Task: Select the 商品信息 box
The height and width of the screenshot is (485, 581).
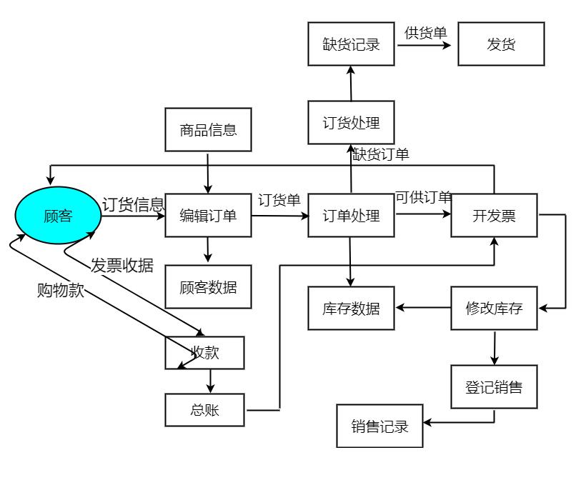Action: [x=208, y=130]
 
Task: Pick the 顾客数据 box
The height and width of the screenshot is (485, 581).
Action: [x=208, y=287]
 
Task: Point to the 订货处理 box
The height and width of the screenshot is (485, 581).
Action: [x=351, y=122]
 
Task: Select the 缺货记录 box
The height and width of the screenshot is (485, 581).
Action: [x=351, y=44]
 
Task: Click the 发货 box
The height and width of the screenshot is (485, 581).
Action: [x=501, y=44]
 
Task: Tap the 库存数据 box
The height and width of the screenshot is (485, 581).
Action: [x=351, y=309]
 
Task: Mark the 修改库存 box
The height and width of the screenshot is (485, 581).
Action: [x=494, y=309]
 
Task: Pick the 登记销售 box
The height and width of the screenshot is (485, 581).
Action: [x=494, y=387]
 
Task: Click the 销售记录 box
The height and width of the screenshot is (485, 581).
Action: [x=379, y=426]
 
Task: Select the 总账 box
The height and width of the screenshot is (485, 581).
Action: [x=204, y=410]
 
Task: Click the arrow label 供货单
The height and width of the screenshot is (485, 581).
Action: [x=425, y=33]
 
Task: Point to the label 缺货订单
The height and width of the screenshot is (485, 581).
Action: [x=381, y=154]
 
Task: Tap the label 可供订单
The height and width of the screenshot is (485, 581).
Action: [x=423, y=198]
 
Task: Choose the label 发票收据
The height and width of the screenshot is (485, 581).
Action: [x=122, y=265]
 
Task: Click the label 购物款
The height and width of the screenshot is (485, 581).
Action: [x=61, y=291]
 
